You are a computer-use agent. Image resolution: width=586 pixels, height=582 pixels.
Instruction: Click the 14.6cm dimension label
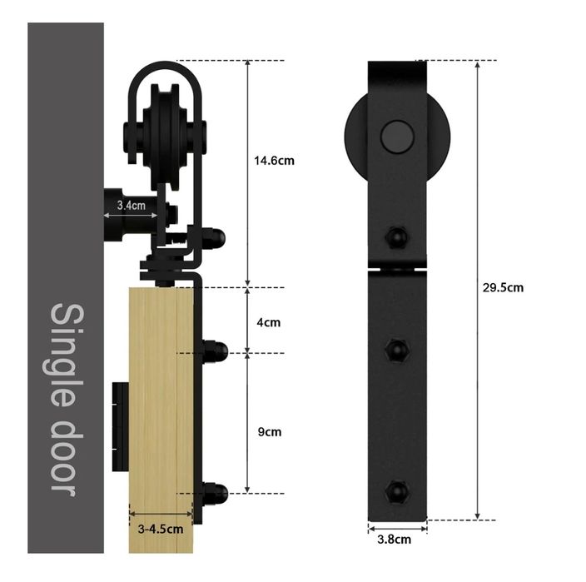click(274, 161)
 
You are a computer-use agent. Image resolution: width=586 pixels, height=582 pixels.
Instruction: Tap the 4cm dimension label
click(268, 322)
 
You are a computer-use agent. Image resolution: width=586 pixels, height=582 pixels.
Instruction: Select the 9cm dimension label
click(269, 432)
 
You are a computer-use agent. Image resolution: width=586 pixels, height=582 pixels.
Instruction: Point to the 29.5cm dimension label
click(503, 287)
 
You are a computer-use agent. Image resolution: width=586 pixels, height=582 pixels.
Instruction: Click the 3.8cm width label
click(394, 540)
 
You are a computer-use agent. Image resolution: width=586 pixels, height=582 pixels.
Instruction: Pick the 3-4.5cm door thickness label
click(161, 529)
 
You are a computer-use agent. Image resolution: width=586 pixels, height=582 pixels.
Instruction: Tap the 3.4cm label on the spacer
click(131, 205)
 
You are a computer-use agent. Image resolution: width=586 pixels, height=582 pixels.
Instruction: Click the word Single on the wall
click(67, 355)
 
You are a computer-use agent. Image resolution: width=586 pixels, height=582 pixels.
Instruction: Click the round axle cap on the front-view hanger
click(397, 137)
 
